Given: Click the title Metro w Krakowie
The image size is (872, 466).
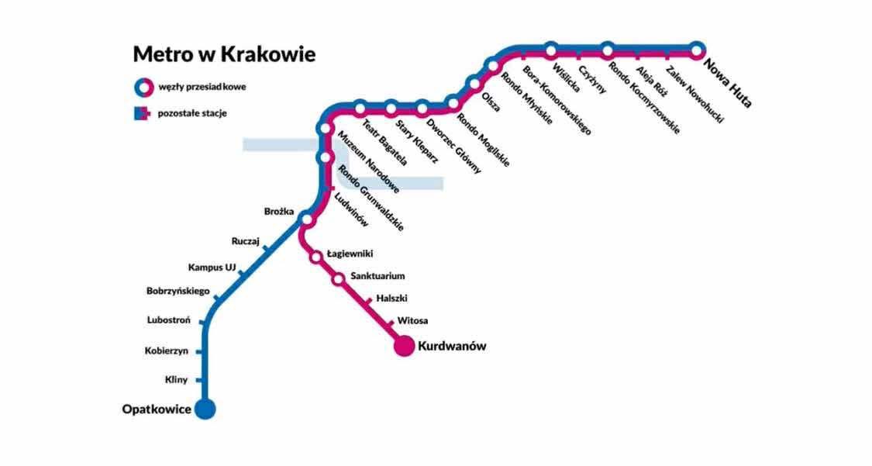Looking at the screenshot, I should [224, 54].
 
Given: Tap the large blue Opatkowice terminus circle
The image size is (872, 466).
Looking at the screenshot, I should [205, 409].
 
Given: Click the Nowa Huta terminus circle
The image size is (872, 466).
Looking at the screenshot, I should [697, 49].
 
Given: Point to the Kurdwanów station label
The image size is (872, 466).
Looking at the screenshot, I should [452, 346].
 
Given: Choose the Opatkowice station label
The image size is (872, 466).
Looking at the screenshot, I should [157, 409].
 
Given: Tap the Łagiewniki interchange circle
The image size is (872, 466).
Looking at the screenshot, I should [316, 257].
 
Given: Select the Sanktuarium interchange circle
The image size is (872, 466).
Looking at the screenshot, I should [339, 278].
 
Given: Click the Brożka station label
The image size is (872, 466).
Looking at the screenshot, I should [280, 211].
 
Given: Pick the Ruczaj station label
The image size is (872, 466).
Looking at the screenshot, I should [245, 241].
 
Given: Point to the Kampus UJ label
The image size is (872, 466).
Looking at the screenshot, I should [212, 268].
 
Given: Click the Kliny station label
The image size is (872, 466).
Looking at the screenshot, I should [177, 380].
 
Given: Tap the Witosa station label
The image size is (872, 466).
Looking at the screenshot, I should [412, 320].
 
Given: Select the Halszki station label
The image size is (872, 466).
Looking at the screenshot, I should [391, 298].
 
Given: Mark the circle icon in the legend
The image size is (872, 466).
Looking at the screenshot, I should [140, 86].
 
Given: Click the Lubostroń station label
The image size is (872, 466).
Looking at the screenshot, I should [169, 319].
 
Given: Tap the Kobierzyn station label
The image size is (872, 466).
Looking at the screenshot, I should [167, 350].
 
